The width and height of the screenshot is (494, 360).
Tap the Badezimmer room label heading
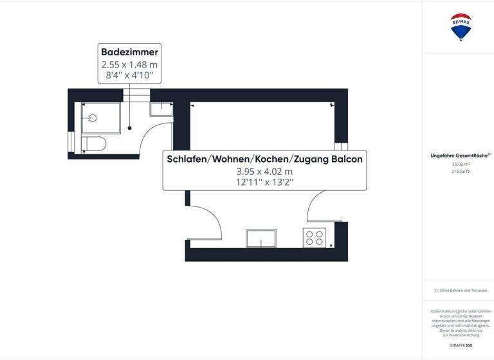tap(129, 51)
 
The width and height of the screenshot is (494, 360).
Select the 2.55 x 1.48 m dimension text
tap(129, 64)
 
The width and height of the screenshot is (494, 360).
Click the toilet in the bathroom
tap(94, 143)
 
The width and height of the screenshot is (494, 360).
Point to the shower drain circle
tap(93, 118)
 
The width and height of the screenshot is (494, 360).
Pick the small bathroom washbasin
tap(160, 109)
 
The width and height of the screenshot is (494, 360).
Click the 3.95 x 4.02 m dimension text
tap(264, 172)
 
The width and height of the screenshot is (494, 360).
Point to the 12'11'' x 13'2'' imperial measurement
tap(264, 183)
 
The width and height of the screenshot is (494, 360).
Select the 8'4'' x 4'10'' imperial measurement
tap(129, 75)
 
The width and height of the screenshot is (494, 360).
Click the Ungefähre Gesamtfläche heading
tap(460, 156)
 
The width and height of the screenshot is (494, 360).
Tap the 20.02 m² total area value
tap(461, 164)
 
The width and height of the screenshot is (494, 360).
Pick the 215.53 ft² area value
tap(461, 171)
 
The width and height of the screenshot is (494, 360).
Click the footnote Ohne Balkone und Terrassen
tap(461, 291)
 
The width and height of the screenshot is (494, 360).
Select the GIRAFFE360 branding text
tap(461, 345)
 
